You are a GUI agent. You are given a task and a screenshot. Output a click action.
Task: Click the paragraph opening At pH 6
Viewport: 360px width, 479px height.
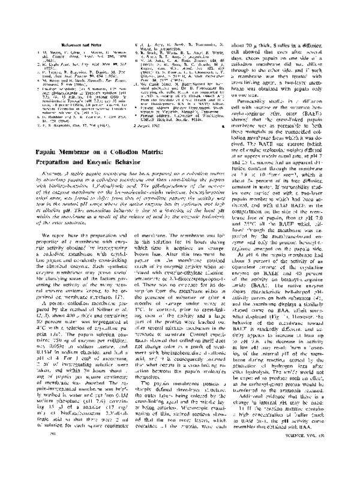287,324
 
